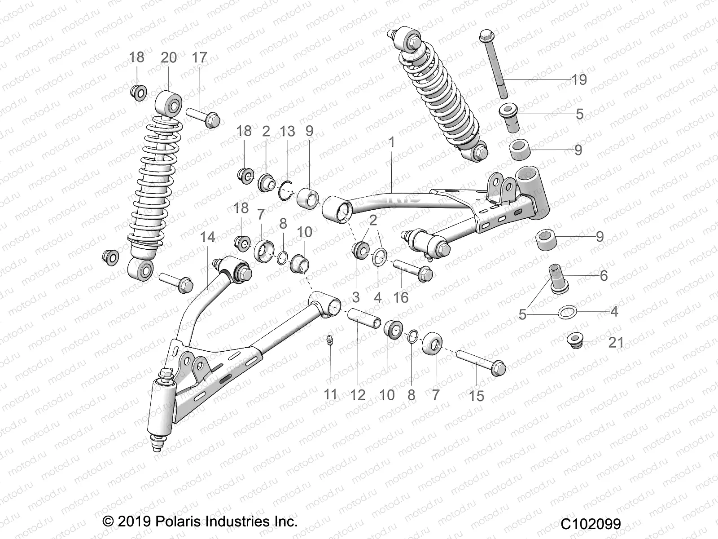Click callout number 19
(x=579, y=80)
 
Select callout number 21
(x=616, y=342)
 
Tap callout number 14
(x=207, y=237)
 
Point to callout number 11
(x=331, y=395)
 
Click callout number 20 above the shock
(x=169, y=57)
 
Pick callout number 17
(x=200, y=57)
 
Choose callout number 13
(x=287, y=131)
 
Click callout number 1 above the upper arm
(x=391, y=143)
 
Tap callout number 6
(x=604, y=275)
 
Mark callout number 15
(x=477, y=396)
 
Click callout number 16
(x=401, y=297)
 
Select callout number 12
(x=358, y=395)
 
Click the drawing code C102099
(x=591, y=524)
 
